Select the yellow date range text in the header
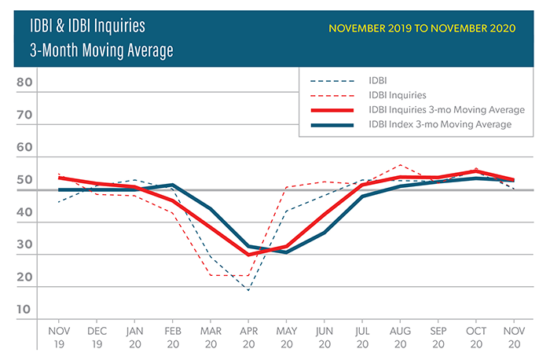click(x=422, y=28)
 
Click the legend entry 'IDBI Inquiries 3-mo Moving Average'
click(x=446, y=109)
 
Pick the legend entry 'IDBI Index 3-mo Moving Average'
click(x=440, y=124)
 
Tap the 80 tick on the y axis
click(x=24, y=83)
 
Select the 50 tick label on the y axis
click(x=24, y=180)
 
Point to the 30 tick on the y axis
click(x=24, y=244)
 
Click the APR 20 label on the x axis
click(x=248, y=336)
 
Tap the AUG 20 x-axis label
click(x=401, y=336)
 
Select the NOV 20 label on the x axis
click(x=514, y=336)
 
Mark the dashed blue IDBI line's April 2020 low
click(x=248, y=291)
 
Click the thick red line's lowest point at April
click(x=248, y=255)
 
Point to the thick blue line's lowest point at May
click(x=286, y=252)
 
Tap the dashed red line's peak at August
click(x=401, y=165)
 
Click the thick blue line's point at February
click(x=173, y=185)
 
